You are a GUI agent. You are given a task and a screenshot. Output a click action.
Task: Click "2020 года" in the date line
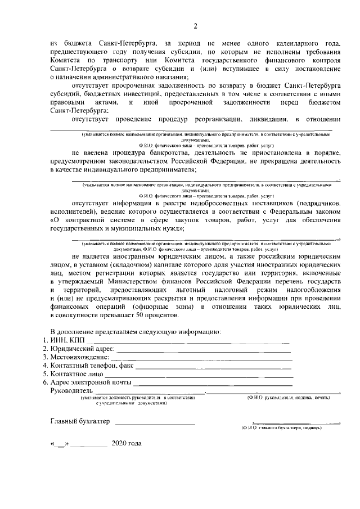(x=127, y=444)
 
